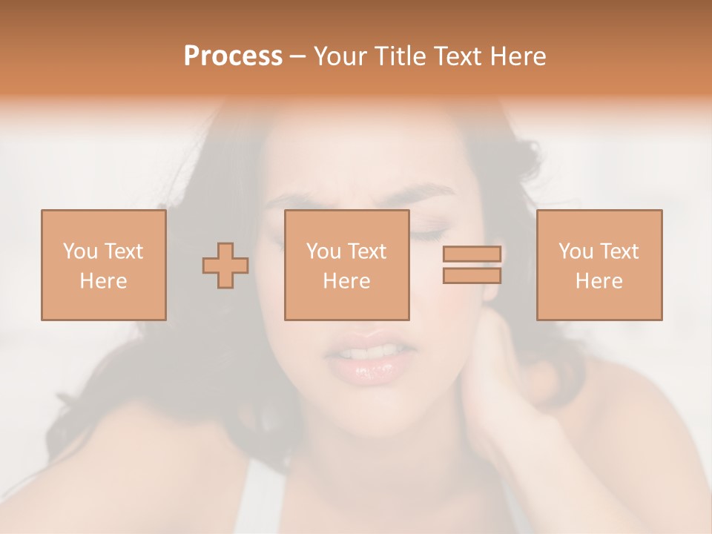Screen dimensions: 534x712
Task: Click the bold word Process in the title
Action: (233, 56)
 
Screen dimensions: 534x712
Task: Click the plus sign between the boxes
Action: (225, 266)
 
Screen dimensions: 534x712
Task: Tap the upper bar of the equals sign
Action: (472, 254)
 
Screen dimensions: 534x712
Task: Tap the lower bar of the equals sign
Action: (472, 276)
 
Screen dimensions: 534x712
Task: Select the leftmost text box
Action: (103, 265)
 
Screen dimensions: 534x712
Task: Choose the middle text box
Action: (346, 265)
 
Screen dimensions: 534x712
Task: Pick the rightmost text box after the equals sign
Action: (599, 265)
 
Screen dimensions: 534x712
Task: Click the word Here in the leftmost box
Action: (103, 281)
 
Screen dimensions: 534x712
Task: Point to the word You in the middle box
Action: (323, 251)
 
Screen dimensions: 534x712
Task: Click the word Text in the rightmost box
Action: (619, 251)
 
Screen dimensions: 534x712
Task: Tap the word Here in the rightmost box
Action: (599, 281)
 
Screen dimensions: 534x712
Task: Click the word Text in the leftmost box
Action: (123, 251)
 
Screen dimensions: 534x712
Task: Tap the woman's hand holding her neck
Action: (504, 386)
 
